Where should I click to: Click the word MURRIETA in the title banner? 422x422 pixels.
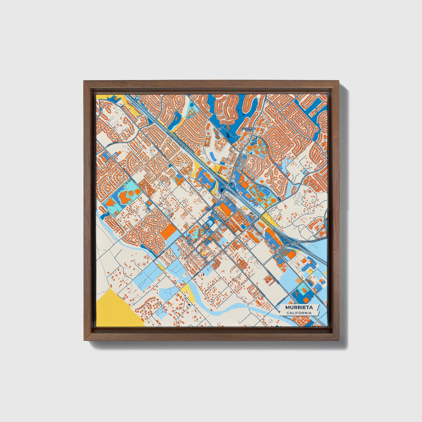pyautogui.click(x=299, y=308)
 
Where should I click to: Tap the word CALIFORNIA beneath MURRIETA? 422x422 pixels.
pyautogui.click(x=299, y=313)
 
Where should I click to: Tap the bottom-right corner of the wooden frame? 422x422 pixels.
pyautogui.click(x=338, y=341)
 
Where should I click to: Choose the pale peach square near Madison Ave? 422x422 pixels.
pyautogui.click(x=298, y=280)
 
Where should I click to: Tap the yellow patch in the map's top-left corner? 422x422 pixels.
pyautogui.click(x=98, y=97)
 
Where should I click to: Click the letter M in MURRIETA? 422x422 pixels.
pyautogui.click(x=288, y=308)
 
